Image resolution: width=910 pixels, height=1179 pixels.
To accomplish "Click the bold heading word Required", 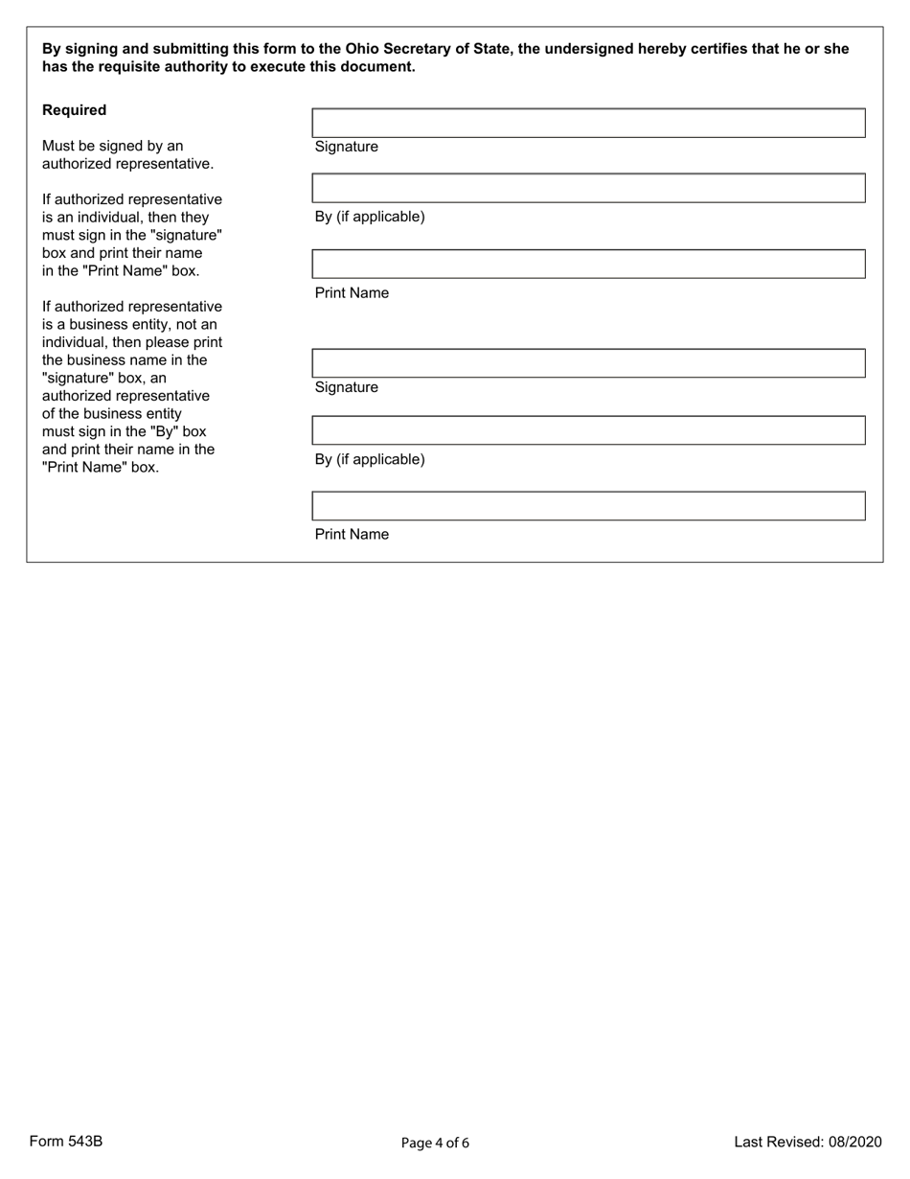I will (74, 110).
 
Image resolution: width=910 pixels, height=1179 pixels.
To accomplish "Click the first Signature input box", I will (588, 124).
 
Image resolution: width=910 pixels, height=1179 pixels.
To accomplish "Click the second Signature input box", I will (588, 363).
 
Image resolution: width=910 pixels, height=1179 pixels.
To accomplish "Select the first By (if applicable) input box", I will (588, 188).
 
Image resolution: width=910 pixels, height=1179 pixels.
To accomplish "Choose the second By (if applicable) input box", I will (588, 430).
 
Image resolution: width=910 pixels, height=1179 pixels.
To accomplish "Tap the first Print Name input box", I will (588, 264).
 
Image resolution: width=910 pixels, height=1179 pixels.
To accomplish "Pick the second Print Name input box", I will (588, 506).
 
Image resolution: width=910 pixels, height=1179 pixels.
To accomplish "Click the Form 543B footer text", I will (66, 1142).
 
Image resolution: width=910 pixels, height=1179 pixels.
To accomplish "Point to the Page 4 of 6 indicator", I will (435, 1143).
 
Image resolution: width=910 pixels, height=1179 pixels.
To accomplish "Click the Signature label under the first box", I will (346, 147).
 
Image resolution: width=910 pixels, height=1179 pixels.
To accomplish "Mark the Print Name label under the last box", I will (352, 535).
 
